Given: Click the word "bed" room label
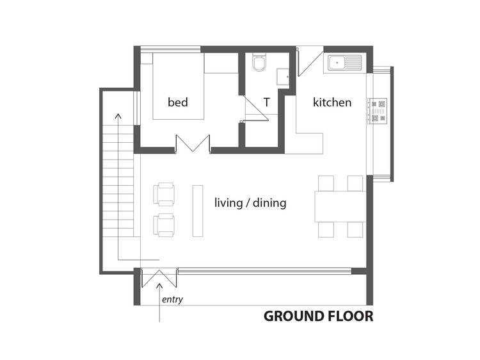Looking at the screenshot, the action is pyautogui.click(x=177, y=102).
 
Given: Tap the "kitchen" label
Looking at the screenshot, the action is pyautogui.click(x=332, y=102).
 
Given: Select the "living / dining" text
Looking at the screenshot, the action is pyautogui.click(x=250, y=203).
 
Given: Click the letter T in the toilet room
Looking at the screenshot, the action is pyautogui.click(x=267, y=102).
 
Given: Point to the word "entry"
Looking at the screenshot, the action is pyautogui.click(x=172, y=299).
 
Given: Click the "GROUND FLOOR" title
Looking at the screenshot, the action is pyautogui.click(x=318, y=316).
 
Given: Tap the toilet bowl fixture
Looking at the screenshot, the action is pyautogui.click(x=259, y=62).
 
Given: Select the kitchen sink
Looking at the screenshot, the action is pyautogui.click(x=345, y=63).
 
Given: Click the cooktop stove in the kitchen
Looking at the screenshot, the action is pyautogui.click(x=378, y=111).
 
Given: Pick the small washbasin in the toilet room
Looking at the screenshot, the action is pyautogui.click(x=283, y=77).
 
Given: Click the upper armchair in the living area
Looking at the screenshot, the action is pyautogui.click(x=164, y=194).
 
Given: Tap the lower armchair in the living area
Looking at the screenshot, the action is pyautogui.click(x=164, y=225).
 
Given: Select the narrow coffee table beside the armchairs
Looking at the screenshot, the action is pyautogui.click(x=198, y=211).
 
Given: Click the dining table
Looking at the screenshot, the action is pyautogui.click(x=340, y=206).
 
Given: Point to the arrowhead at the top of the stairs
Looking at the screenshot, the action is pyautogui.click(x=118, y=116).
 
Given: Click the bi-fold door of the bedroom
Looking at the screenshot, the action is pyautogui.click(x=193, y=143).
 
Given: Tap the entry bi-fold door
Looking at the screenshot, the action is pyautogui.click(x=159, y=278).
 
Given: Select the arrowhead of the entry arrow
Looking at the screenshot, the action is pyautogui.click(x=159, y=286).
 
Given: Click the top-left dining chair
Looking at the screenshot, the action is pyautogui.click(x=326, y=183).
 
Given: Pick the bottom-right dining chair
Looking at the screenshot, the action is pyautogui.click(x=355, y=229).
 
